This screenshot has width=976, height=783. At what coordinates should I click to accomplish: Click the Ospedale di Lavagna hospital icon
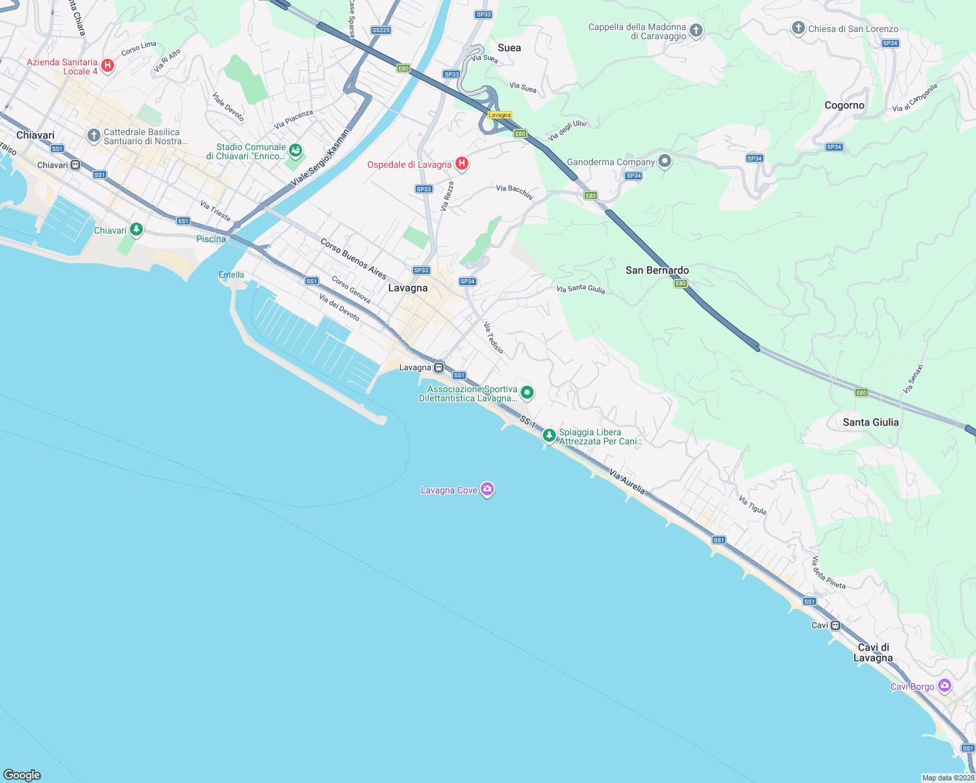(x=462, y=163)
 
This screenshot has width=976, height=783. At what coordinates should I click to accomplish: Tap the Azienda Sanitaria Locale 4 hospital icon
(x=108, y=66)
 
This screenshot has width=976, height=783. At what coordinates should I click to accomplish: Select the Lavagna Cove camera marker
(x=487, y=489)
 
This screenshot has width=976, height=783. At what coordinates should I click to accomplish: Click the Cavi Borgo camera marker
(x=944, y=686)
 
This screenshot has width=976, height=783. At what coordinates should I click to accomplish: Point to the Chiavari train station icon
(x=76, y=165)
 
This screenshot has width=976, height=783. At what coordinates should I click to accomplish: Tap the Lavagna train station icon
(x=439, y=367)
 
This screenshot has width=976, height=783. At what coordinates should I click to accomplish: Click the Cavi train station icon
(x=836, y=625)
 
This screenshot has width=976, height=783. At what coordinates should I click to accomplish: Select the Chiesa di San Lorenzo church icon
(x=798, y=28)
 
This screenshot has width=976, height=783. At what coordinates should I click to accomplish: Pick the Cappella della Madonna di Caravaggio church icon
(x=696, y=31)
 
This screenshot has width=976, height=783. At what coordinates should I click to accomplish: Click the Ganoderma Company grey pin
(x=664, y=161)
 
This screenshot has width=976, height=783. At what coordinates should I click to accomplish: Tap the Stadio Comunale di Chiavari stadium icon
(x=296, y=151)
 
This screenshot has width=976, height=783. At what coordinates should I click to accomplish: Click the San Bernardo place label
(x=657, y=270)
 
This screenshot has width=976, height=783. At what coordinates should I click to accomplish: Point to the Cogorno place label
(x=844, y=105)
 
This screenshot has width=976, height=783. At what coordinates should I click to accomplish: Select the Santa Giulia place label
(x=870, y=422)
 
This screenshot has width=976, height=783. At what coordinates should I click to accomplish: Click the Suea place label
(x=509, y=48)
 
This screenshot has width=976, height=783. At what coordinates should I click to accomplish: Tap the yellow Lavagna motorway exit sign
(x=500, y=115)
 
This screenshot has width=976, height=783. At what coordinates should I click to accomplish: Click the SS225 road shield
(x=380, y=30)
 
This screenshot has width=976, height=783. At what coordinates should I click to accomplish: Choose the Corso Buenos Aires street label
(x=353, y=258)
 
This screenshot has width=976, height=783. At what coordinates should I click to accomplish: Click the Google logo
(x=22, y=775)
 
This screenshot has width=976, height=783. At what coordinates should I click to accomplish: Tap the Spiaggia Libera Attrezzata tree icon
(x=549, y=435)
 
